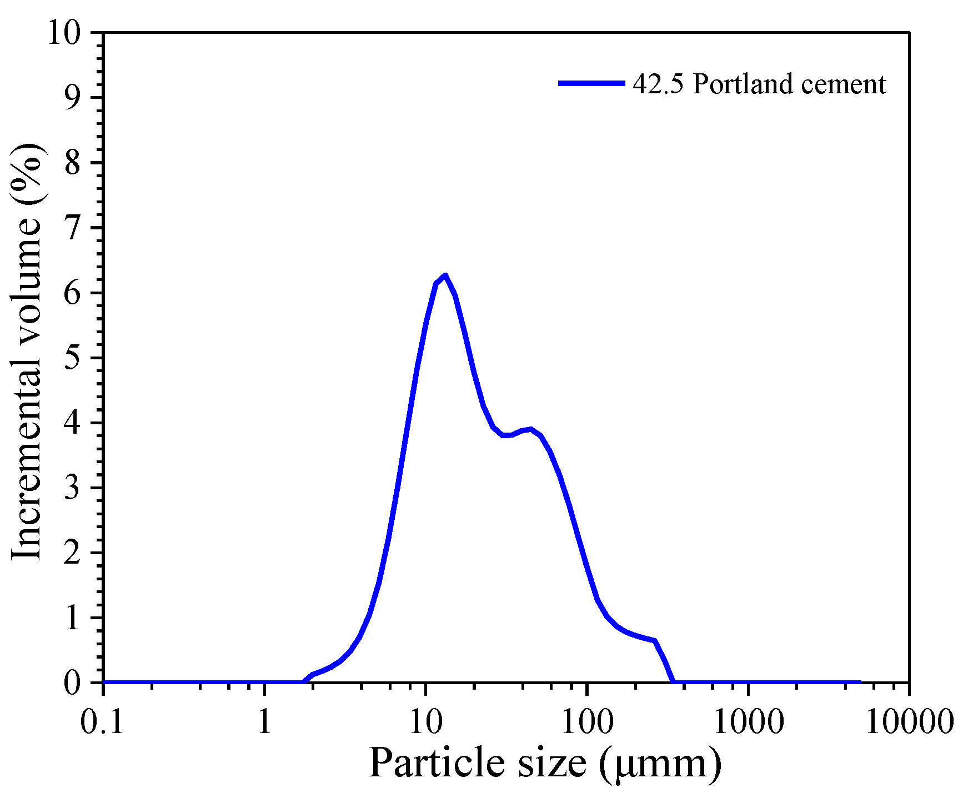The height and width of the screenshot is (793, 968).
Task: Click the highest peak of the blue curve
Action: [x=445, y=275]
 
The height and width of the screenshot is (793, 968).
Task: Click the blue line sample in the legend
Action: [x=591, y=83]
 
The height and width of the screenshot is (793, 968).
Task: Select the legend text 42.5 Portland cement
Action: [x=759, y=84]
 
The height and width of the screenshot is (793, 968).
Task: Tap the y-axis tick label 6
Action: [x=72, y=293]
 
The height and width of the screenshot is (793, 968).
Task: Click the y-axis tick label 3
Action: [x=72, y=488]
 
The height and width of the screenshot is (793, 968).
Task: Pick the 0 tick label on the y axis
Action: [x=72, y=682]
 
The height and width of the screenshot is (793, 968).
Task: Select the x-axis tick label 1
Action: [x=264, y=722]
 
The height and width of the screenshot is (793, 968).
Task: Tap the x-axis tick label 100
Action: [x=586, y=722]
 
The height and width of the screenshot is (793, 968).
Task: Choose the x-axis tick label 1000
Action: [x=748, y=722]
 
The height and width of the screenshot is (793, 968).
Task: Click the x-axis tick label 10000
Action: [x=909, y=722]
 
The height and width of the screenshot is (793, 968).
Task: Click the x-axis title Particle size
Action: [x=478, y=763]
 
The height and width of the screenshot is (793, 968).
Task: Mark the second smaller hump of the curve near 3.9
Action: [x=530, y=429]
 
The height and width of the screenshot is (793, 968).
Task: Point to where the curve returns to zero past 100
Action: [x=674, y=681]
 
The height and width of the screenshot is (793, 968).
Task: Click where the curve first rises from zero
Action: [x=303, y=681]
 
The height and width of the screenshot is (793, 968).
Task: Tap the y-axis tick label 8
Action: [x=72, y=163]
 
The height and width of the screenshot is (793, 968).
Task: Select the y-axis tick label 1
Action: [x=72, y=618]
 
